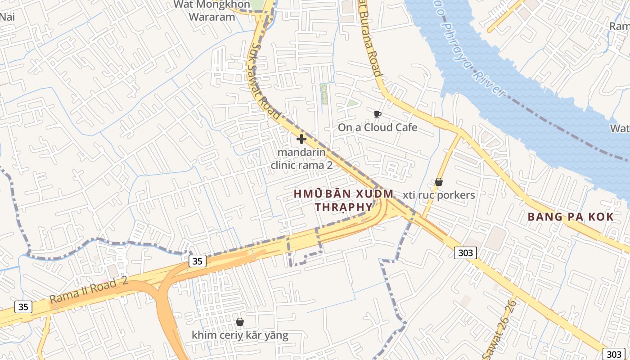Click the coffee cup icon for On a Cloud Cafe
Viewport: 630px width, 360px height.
pyautogui.click(x=378, y=114)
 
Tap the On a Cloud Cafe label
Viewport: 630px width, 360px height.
pyautogui.click(x=378, y=127)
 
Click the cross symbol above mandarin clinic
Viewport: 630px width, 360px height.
pyautogui.click(x=301, y=139)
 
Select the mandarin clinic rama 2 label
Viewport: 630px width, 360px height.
pyautogui.click(x=301, y=158)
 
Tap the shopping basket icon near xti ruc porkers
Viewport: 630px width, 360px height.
pyautogui.click(x=439, y=182)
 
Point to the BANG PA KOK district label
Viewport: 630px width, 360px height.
pyautogui.click(x=571, y=217)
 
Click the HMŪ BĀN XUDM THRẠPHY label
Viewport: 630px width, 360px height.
pyautogui.click(x=344, y=200)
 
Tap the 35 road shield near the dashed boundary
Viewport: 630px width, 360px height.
pyautogui.click(x=198, y=261)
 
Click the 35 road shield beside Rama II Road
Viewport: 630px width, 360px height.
pyautogui.click(x=23, y=307)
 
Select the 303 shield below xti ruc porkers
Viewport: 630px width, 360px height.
pyautogui.click(x=465, y=253)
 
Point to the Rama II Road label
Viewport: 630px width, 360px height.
pyautogui.click(x=89, y=290)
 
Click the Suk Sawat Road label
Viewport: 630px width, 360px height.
pyautogui.click(x=265, y=81)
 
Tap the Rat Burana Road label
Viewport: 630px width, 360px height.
pyautogui.click(x=370, y=38)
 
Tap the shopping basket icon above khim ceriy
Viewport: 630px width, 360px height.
pyautogui.click(x=240, y=322)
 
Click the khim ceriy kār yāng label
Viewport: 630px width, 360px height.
pyautogui.click(x=240, y=335)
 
